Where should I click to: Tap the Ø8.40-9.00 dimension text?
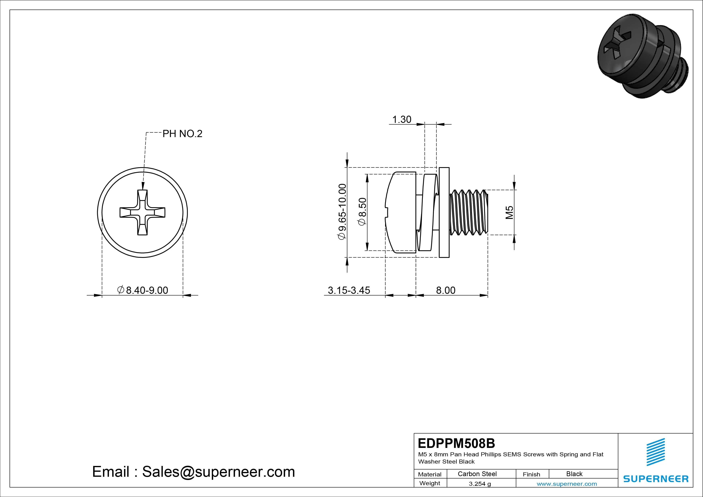click(143, 290)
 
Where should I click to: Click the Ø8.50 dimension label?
click(362, 211)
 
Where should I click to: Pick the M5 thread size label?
click(509, 212)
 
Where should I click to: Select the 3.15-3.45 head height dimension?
click(349, 290)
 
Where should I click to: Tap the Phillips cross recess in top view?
click(142, 212)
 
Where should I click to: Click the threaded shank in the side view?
click(469, 212)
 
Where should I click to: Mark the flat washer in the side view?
click(444, 212)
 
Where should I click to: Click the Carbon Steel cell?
click(477, 474)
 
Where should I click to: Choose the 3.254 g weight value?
click(480, 484)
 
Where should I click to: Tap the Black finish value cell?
click(574, 474)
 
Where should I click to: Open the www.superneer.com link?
click(567, 484)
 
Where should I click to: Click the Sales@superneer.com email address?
click(218, 472)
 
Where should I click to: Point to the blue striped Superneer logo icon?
click(656, 452)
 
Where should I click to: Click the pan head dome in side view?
click(400, 212)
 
